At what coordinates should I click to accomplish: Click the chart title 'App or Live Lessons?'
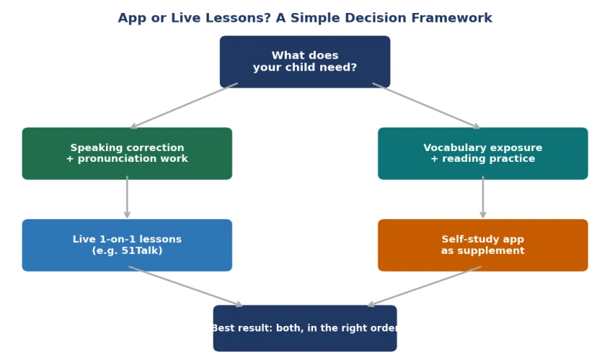[194, 18]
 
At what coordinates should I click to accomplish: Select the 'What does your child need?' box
[305, 62]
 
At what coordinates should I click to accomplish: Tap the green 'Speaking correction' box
[127, 154]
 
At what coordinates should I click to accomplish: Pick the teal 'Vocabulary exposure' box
[483, 154]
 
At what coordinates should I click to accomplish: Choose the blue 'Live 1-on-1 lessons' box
[127, 245]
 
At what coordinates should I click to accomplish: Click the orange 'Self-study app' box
[483, 245]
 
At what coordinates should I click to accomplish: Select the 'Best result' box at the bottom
[305, 328]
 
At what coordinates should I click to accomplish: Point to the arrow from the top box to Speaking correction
[184, 105]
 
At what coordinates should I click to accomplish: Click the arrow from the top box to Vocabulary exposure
[426, 105]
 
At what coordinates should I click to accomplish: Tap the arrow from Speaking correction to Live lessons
[127, 197]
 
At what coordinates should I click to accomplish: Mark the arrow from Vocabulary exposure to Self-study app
[483, 197]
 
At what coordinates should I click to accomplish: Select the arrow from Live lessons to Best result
[186, 287]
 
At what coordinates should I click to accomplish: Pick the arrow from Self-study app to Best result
[424, 287]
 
